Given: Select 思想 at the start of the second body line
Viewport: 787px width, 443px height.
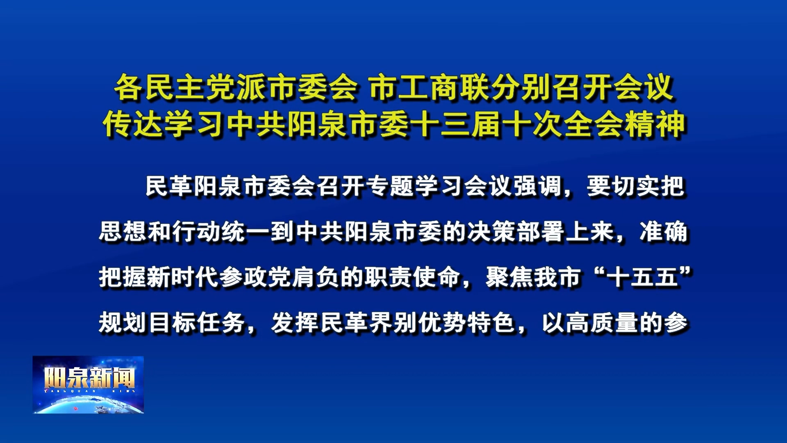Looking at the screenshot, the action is [x=123, y=232].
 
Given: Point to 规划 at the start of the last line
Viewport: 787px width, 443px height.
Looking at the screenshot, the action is [x=123, y=323].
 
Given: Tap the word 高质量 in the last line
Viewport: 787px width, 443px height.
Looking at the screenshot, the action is [x=603, y=323].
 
